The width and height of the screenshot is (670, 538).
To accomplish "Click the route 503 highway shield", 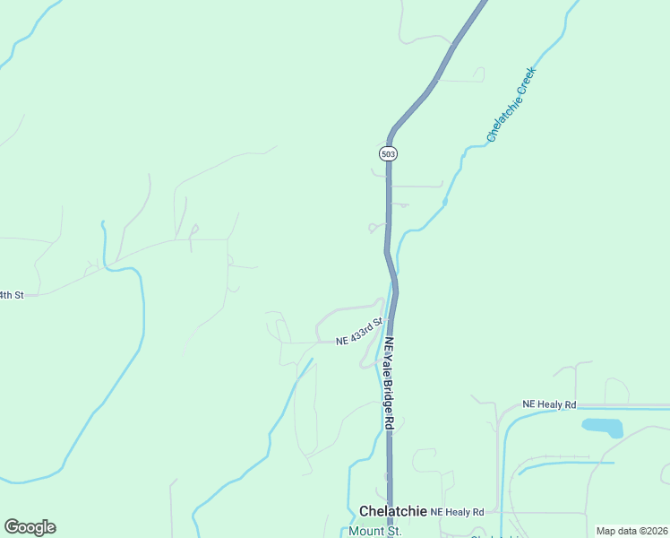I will click(x=388, y=153).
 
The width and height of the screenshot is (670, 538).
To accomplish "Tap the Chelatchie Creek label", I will click(x=511, y=104).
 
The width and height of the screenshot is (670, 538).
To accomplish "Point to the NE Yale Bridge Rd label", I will click(x=389, y=381).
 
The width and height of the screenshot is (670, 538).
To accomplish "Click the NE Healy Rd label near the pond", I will click(x=549, y=405).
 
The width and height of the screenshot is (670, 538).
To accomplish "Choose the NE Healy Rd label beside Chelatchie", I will click(x=457, y=511).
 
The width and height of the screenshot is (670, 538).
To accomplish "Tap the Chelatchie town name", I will click(x=391, y=510).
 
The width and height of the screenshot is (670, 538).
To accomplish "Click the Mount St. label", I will click(x=375, y=531).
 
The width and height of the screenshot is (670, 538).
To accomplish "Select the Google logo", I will click(x=30, y=527).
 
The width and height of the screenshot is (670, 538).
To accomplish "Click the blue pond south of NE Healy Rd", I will click(x=602, y=427).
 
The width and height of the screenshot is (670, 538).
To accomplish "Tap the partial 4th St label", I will click(x=11, y=294).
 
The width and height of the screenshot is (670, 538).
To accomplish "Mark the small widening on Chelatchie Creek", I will click(x=445, y=202).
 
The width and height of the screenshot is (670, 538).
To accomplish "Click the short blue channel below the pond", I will click(x=564, y=464).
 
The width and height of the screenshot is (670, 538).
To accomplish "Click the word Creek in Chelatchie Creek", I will click(x=524, y=82).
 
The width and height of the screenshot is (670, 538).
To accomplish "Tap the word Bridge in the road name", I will click(x=389, y=390).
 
